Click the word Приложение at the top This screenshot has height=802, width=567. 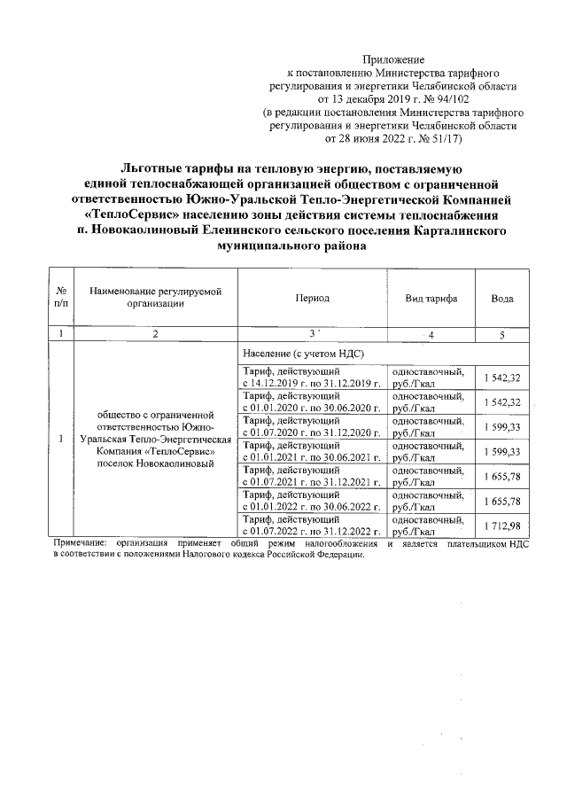[394, 58]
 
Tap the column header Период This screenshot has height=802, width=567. [312, 299]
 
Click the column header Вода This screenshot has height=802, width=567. [502, 299]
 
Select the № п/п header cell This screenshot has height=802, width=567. [60, 299]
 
